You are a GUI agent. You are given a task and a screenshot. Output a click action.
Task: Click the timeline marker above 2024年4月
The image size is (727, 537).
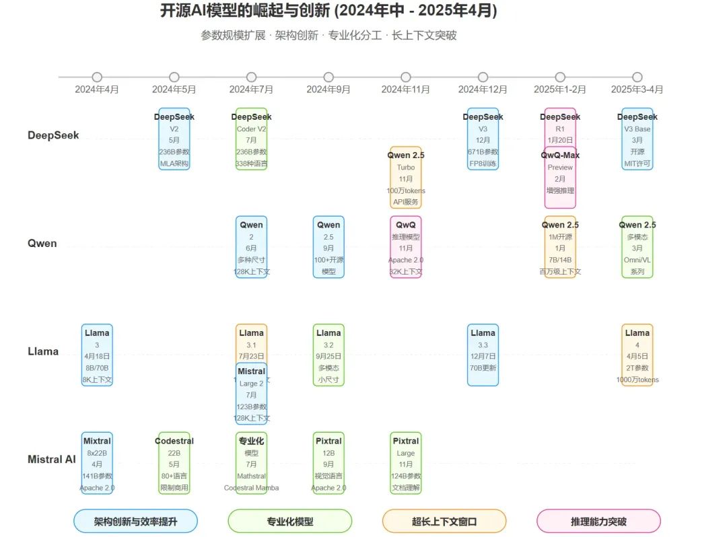97,77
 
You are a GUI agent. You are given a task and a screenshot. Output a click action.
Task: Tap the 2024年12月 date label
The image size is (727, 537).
483,89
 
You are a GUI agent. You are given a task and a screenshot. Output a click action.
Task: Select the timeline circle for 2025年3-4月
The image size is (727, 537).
637,77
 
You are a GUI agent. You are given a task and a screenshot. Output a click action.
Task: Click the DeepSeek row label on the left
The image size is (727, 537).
53,135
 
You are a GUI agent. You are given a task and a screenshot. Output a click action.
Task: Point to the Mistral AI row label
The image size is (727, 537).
52,460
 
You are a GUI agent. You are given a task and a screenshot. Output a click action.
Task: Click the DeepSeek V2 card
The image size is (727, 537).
174,139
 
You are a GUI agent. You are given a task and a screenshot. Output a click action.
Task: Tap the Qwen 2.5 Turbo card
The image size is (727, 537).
406,178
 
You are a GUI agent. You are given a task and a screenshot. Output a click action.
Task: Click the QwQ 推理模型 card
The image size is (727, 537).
406,247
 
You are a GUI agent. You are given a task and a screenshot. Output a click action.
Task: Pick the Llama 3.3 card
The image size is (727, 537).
483,355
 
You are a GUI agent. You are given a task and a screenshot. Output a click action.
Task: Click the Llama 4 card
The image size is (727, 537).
637,355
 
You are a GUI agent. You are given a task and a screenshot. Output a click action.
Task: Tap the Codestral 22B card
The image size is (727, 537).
174,463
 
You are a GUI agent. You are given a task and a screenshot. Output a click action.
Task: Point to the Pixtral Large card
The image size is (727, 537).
406,463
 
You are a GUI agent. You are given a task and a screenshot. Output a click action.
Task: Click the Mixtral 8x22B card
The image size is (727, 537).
97,463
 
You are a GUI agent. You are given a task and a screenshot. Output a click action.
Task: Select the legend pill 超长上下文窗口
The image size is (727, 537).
444,521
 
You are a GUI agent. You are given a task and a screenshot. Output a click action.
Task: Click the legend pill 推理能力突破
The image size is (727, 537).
598,521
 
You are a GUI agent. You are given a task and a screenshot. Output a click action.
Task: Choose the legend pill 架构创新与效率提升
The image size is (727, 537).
135,521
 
